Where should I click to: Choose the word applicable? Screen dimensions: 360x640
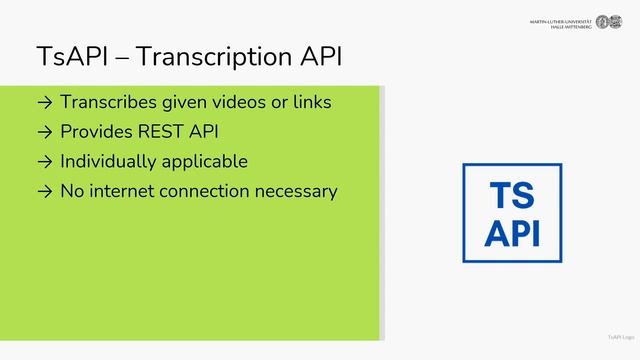(206, 161)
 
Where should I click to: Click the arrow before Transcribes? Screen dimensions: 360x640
(43, 102)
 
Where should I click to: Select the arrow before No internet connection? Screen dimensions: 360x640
(43, 190)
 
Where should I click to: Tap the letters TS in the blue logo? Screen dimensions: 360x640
(511, 196)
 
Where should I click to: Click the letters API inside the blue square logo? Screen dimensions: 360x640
(512, 232)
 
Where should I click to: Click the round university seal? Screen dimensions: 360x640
(602, 22)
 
